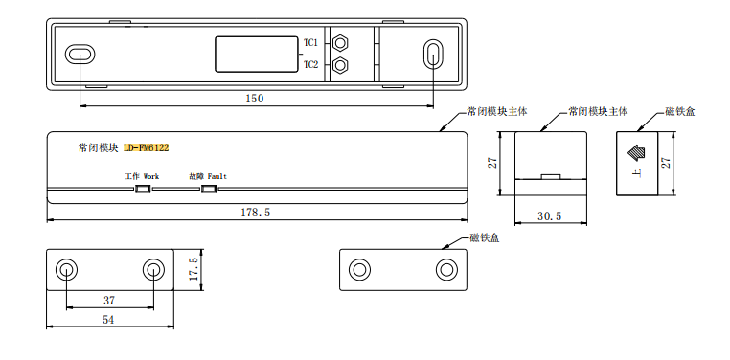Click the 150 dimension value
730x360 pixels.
[255, 99]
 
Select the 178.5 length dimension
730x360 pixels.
[255, 213]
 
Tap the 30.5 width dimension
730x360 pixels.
[549, 216]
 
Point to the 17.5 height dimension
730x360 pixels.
[194, 269]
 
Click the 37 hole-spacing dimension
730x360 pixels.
[109, 301]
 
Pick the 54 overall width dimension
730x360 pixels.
[108, 320]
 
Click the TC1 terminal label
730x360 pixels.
[311, 43]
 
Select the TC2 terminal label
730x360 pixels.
[311, 65]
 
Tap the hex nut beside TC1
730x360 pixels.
[341, 43]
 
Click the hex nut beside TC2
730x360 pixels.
[341, 65]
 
